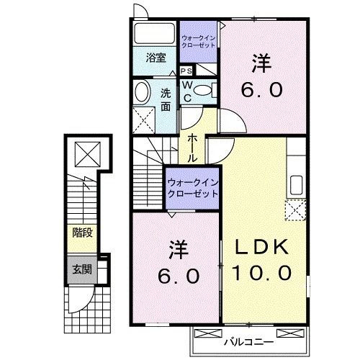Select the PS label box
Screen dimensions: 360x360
[x=186, y=71]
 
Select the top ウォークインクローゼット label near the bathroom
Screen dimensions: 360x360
[x=198, y=41]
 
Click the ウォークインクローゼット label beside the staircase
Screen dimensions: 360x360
[x=192, y=189]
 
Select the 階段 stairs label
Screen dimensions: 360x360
[x=80, y=232]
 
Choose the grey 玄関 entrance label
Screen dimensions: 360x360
[x=80, y=269]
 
